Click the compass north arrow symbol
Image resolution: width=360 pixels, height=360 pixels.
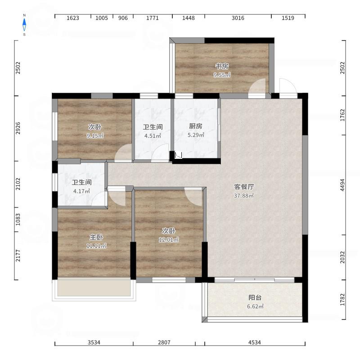point(24,25)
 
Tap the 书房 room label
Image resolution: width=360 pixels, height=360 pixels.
point(222,66)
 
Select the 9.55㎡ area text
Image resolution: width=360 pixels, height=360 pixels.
point(222,75)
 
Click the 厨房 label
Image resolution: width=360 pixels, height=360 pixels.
point(196,126)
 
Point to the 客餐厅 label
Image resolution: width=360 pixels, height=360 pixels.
point(244,187)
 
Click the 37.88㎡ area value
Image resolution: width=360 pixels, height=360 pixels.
point(244,196)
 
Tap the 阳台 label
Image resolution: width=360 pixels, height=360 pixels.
point(255,297)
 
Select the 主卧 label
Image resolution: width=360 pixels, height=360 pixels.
point(96,237)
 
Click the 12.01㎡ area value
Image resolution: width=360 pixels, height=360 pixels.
point(169,239)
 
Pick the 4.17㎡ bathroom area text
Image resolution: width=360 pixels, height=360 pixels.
point(81,191)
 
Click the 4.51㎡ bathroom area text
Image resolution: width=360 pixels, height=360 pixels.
point(153,136)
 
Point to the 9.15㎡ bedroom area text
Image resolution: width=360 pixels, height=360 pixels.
point(95,136)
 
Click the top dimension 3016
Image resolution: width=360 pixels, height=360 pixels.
point(238,18)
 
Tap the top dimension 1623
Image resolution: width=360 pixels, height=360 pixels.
point(73,18)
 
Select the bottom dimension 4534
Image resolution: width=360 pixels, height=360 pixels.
point(255,342)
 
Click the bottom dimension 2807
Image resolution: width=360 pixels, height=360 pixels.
point(164,342)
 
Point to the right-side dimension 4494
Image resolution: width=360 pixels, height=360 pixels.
point(342,185)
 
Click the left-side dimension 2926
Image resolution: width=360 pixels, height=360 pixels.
point(18,128)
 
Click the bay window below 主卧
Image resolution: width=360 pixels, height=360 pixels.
point(94,290)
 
